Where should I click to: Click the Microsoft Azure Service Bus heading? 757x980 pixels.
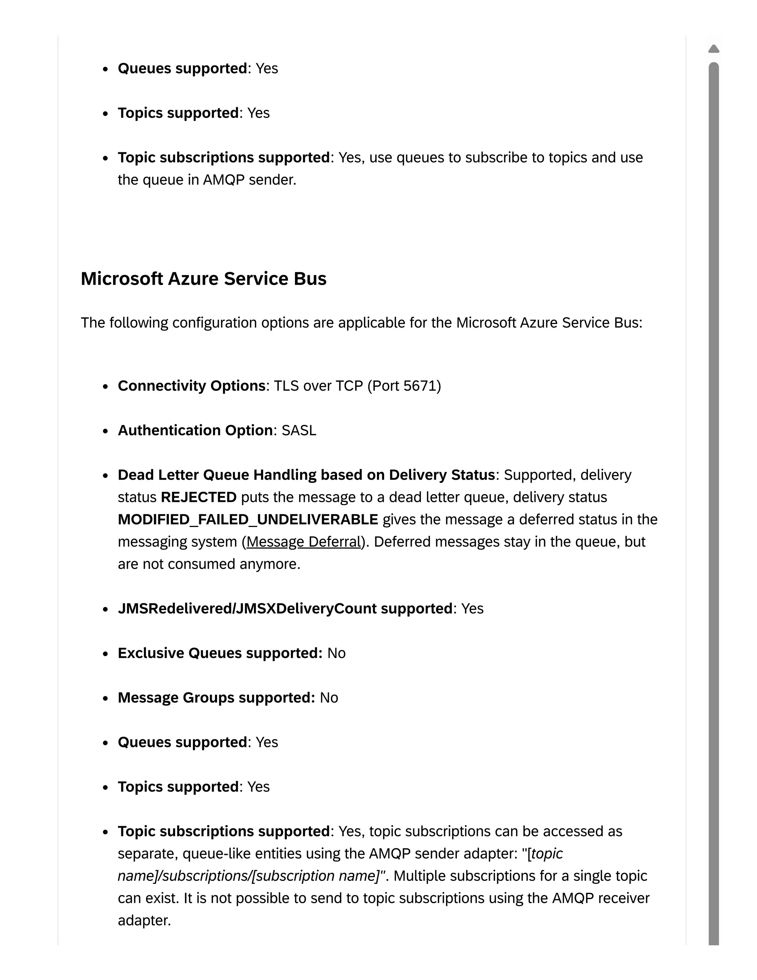pos(203,279)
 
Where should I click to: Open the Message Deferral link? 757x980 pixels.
pos(303,542)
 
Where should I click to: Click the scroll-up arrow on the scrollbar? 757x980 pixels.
pos(713,48)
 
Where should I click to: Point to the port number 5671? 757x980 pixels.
pos(420,386)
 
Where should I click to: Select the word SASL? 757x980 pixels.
pos(299,430)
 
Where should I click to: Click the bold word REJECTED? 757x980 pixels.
pos(198,497)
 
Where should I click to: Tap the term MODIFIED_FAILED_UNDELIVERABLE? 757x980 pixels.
pos(248,519)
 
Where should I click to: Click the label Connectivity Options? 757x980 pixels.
pos(191,386)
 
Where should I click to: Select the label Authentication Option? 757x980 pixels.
pos(195,430)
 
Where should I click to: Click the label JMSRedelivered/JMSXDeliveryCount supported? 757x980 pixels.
pos(285,608)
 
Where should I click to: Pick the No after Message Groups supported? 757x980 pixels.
pos(329,698)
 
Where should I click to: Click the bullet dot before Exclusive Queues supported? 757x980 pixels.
pos(105,654)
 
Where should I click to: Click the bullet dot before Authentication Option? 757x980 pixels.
pos(105,431)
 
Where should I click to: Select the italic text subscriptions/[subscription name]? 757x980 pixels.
pos(269,876)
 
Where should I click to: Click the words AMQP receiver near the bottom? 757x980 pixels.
pos(601,898)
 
